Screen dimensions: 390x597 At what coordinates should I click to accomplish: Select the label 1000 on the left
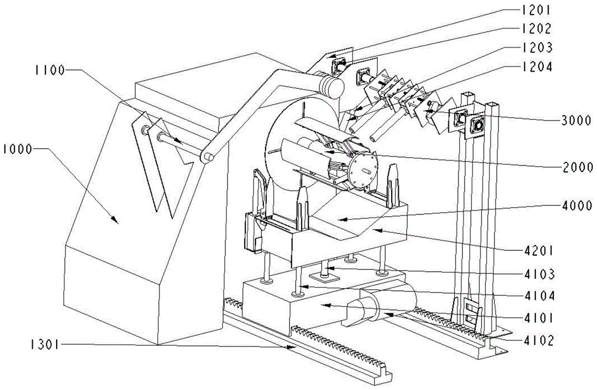19,146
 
